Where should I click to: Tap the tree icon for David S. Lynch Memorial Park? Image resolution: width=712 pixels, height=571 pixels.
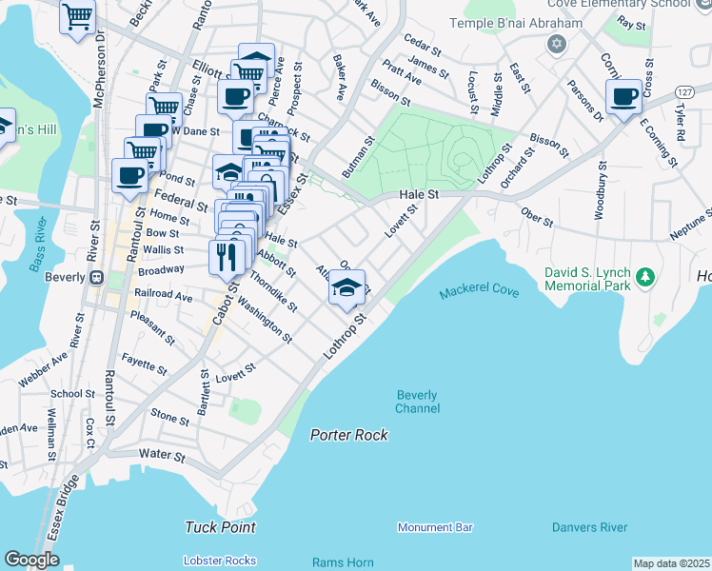646,277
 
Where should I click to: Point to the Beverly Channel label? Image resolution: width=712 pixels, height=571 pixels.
417,402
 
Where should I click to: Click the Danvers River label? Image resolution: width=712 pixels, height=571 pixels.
589,527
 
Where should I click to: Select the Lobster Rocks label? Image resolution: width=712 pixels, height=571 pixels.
221,561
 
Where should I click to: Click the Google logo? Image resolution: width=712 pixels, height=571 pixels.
31,560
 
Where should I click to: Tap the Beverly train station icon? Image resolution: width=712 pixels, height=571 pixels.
95,278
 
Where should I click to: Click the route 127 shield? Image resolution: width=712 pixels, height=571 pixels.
682,91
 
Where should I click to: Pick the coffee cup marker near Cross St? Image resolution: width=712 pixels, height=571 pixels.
623,97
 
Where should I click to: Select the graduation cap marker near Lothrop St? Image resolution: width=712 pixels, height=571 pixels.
346,287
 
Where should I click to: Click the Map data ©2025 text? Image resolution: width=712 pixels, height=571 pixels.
671,563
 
